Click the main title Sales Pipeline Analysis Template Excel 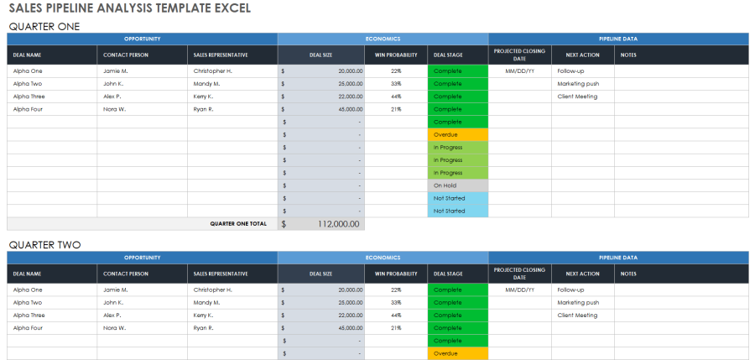[x=129, y=8]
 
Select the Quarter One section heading [x=44, y=26]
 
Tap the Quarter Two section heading [x=44, y=245]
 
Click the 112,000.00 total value [x=338, y=224]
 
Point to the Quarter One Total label [x=238, y=224]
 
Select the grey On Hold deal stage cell [x=458, y=185]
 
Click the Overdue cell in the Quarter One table [x=458, y=134]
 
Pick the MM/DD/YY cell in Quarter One [x=519, y=71]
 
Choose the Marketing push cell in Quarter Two [x=578, y=302]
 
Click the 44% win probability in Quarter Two [x=396, y=316]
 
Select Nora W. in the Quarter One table [x=115, y=109]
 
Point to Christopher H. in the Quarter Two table [x=213, y=290]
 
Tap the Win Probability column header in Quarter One [x=396, y=55]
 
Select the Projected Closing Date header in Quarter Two [x=519, y=274]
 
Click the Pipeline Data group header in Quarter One [x=617, y=39]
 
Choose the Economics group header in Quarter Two [x=383, y=258]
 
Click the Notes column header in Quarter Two [x=628, y=274]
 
